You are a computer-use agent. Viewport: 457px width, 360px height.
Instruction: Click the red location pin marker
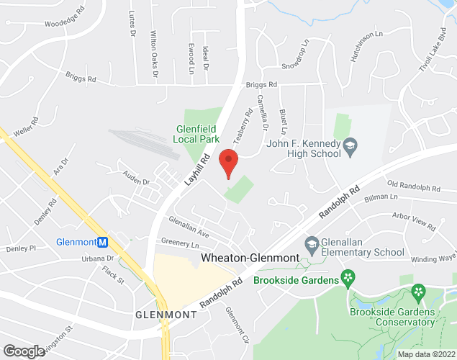pyautogui.click(x=228, y=163)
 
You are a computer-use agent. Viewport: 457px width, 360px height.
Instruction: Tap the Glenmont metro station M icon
pyautogui.click(x=103, y=242)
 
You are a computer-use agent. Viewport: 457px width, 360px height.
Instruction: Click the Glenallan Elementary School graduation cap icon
pyautogui.click(x=312, y=243)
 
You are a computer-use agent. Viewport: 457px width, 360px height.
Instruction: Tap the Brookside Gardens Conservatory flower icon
pyautogui.click(x=417, y=292)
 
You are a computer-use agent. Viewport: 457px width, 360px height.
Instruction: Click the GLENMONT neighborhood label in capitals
pyautogui.click(x=166, y=315)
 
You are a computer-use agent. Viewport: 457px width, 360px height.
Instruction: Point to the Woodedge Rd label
pyautogui.click(x=64, y=22)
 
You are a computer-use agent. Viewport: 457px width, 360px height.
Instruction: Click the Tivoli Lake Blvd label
pyautogui.click(x=432, y=50)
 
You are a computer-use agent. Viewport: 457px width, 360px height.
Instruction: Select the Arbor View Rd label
pyautogui.click(x=414, y=221)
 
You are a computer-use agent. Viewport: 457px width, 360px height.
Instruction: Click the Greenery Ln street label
pyautogui.click(x=180, y=245)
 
